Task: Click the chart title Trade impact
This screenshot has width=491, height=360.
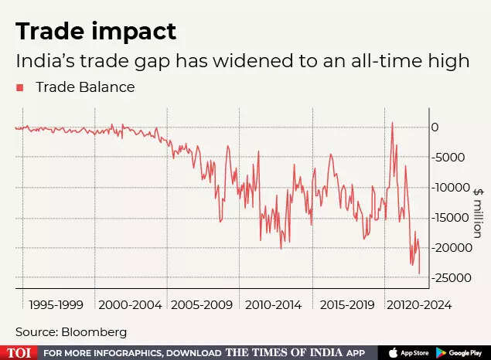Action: (x=96, y=31)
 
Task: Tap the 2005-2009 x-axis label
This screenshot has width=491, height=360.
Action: (x=201, y=305)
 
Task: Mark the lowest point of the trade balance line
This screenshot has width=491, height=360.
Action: (x=420, y=273)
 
